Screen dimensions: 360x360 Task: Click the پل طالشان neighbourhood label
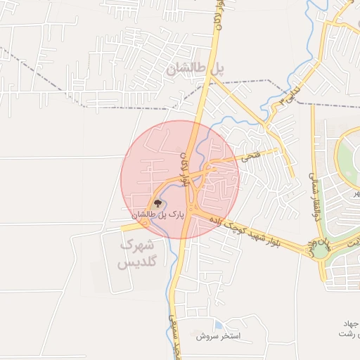[198, 69]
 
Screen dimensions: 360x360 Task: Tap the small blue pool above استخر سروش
[220, 326]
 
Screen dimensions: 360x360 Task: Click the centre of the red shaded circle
[180, 179]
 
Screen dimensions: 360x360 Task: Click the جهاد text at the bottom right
[351, 323]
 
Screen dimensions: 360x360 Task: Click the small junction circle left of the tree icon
[144, 220]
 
